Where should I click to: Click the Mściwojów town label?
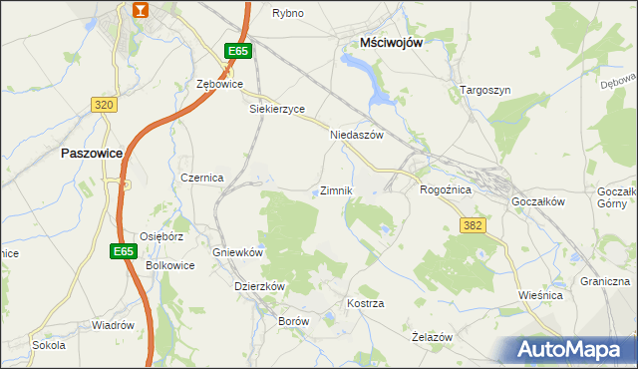click(394, 42)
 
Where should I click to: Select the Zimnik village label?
click(335, 189)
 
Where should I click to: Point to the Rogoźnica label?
click(446, 188)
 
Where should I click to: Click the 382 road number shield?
click(473, 226)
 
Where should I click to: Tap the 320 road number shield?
click(104, 104)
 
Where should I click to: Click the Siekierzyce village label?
click(276, 109)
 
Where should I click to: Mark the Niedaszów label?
click(356, 135)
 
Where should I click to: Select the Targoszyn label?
click(485, 90)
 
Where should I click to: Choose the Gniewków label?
click(236, 252)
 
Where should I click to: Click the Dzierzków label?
click(259, 285)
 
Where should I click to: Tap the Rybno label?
click(288, 13)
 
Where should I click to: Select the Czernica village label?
click(202, 177)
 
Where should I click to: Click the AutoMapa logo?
click(571, 348)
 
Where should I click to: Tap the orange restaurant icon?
click(141, 10)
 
